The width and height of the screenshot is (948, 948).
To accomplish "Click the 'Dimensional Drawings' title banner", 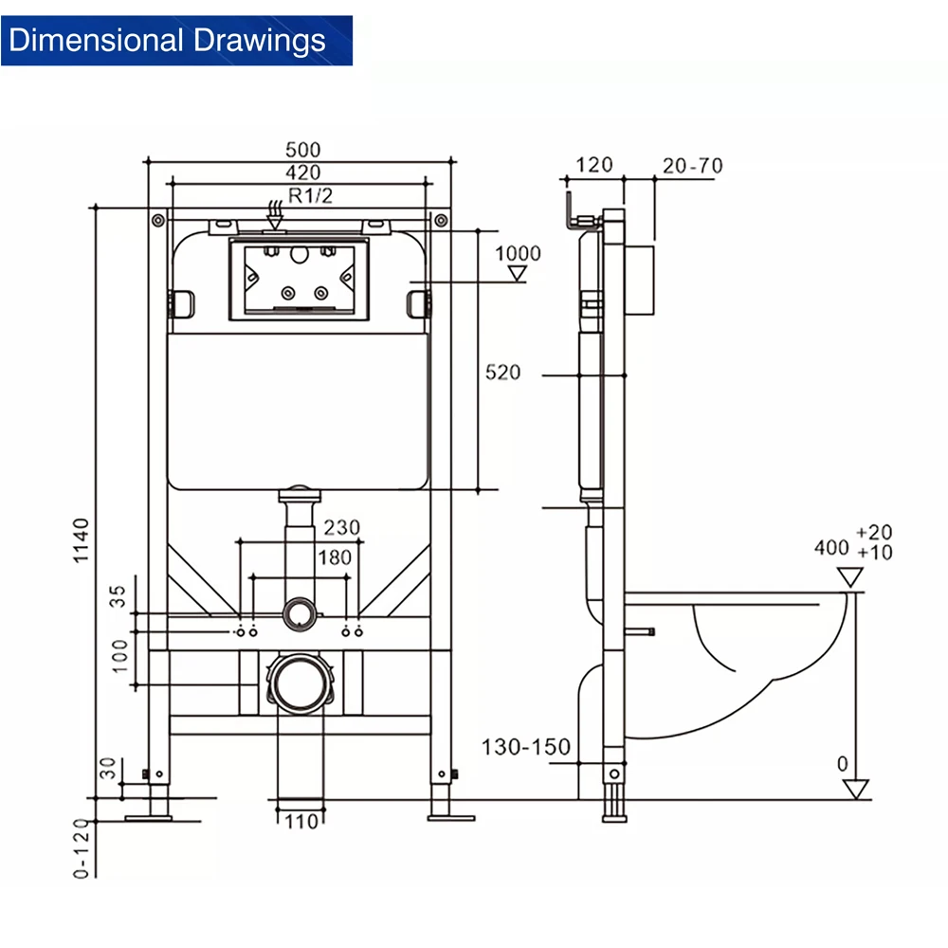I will [x=176, y=41].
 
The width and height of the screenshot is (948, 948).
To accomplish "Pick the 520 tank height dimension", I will [x=503, y=373].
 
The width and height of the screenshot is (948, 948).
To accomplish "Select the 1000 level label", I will [x=518, y=253].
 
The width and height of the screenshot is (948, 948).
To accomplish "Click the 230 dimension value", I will [x=341, y=528].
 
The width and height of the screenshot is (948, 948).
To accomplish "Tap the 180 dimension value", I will [x=334, y=557].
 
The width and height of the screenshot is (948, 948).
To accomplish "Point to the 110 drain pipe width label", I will [x=301, y=822].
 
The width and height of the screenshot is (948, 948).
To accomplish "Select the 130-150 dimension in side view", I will [x=526, y=747].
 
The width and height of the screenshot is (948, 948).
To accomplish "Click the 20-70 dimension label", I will [x=692, y=166].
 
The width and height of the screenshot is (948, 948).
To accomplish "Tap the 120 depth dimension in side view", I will [x=594, y=166].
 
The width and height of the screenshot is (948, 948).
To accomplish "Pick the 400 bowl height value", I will [x=831, y=548].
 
